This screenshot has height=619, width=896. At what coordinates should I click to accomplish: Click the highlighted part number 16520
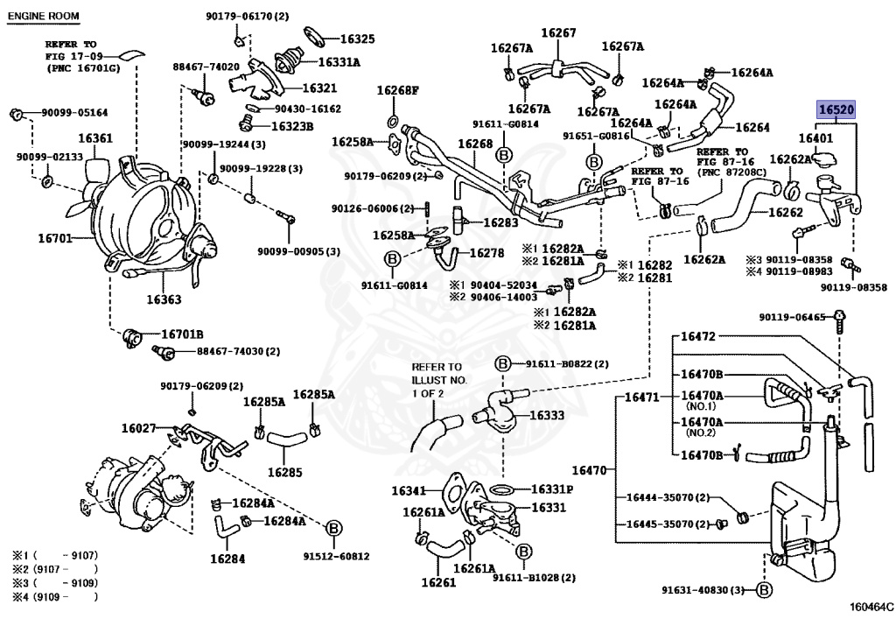tap(836, 110)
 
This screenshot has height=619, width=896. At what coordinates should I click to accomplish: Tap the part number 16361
tap(95, 138)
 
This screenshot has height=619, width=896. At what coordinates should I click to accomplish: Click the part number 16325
tap(357, 39)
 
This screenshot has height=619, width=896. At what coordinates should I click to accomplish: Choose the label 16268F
tap(398, 90)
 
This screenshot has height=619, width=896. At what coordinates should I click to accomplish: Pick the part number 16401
tap(815, 138)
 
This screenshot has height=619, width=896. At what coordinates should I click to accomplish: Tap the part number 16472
tap(698, 336)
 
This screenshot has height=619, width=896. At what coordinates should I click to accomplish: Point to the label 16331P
tap(552, 489)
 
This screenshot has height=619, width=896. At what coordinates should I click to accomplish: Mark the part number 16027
tap(138, 428)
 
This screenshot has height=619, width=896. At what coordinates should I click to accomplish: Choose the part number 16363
tap(164, 299)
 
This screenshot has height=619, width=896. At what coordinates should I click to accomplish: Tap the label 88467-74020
tap(206, 67)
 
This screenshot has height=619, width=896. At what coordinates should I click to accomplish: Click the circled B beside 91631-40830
tap(763, 590)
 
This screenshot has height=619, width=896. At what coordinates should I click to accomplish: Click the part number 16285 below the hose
tap(284, 472)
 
